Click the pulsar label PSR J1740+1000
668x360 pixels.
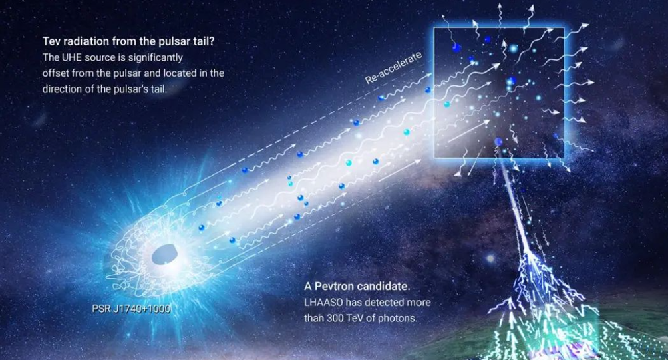(131, 309)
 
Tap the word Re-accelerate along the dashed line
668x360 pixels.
(393, 68)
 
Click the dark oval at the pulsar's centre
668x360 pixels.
(165, 254)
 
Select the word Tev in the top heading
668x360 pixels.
(51, 41)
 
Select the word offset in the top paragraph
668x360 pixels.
(56, 73)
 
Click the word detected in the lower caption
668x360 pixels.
(381, 303)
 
